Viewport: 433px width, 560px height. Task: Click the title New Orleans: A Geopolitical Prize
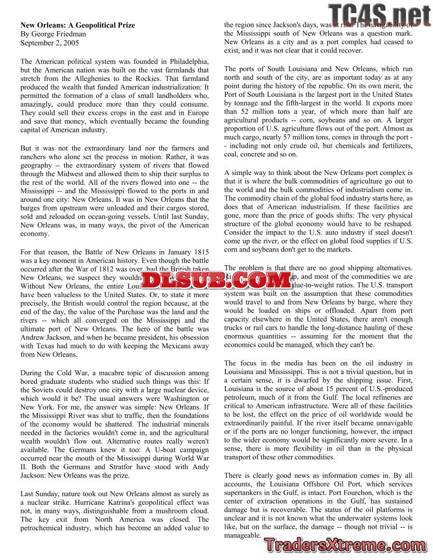coord(78,25)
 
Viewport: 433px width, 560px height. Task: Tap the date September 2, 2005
coord(49,43)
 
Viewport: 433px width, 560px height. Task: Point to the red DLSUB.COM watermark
coord(216,281)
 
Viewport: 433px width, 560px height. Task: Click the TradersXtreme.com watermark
coord(345,545)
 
